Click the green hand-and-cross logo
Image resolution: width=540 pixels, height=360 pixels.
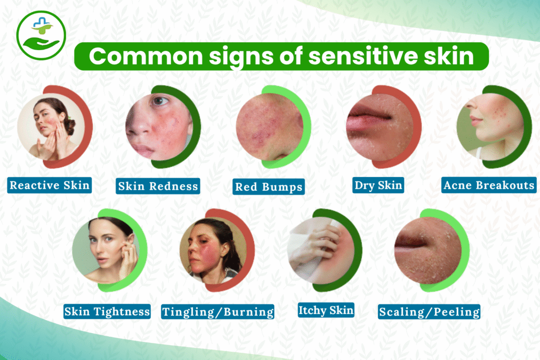pyautogui.click(x=41, y=35)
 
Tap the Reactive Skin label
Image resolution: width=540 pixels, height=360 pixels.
pyautogui.click(x=50, y=185)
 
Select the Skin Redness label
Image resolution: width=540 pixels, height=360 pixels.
pyautogui.click(x=158, y=186)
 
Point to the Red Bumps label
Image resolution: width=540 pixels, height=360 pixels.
pyautogui.click(x=269, y=187)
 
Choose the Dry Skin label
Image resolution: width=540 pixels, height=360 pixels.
pyautogui.click(x=378, y=185)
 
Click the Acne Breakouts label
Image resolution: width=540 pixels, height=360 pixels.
pyautogui.click(x=489, y=185)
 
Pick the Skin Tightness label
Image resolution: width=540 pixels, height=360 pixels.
pyautogui.click(x=107, y=311)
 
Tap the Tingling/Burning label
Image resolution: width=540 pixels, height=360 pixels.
pyautogui.click(x=218, y=312)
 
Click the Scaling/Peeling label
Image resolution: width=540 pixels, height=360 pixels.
pyautogui.click(x=429, y=312)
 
